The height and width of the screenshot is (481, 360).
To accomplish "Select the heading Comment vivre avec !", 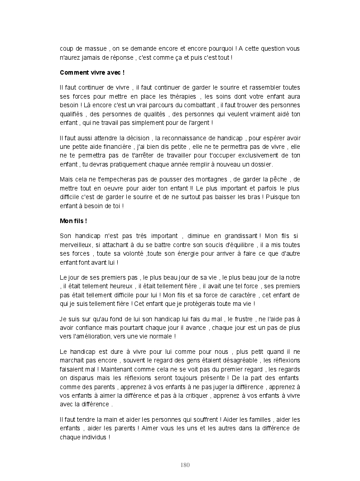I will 92,72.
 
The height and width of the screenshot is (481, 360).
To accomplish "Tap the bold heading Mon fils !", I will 73,221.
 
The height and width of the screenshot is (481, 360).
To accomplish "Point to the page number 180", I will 185,465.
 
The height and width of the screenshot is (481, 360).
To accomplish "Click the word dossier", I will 274,165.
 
